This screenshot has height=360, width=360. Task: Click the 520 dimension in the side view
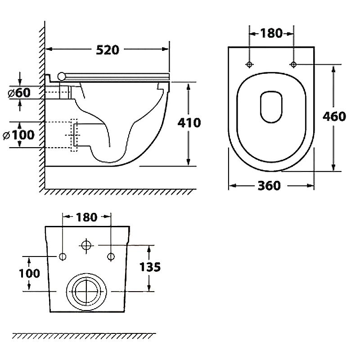click(x=108, y=49)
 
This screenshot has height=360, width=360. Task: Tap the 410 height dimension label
click(x=189, y=122)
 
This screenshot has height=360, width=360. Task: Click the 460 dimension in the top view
click(x=334, y=116)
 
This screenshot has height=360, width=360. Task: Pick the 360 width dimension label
click(x=270, y=185)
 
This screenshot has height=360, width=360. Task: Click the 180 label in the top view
click(x=271, y=33)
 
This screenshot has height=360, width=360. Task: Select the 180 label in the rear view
click(x=86, y=217)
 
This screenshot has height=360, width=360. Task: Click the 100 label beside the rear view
click(x=29, y=273)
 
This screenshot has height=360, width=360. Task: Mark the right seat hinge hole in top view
click(x=293, y=64)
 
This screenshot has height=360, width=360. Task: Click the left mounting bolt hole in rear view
click(x=63, y=256)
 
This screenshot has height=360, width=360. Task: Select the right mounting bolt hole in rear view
click(x=110, y=256)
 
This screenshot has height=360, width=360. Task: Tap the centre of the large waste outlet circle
click(x=86, y=291)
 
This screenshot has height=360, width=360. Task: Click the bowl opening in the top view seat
click(x=271, y=107)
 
